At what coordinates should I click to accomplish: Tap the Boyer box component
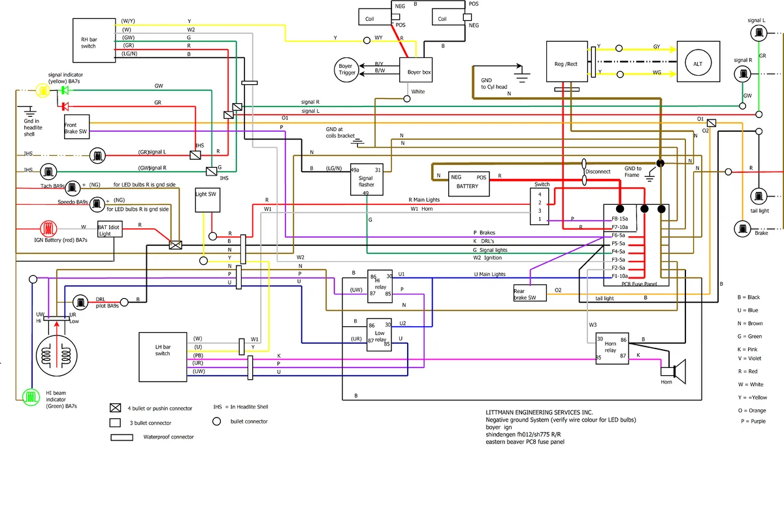(418, 71)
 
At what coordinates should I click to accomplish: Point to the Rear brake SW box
(529, 294)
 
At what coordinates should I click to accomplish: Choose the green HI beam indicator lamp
(31, 395)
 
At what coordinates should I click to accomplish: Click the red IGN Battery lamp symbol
(48, 228)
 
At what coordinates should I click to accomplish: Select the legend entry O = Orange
(758, 410)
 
